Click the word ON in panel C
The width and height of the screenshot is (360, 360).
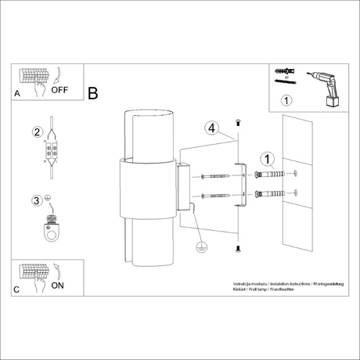57,286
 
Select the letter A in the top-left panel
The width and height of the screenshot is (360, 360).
18,93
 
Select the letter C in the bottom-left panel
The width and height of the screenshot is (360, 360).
18,290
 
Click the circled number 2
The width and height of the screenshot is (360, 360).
36,132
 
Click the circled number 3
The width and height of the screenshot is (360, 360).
36,201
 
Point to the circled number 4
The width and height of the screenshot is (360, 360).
210,128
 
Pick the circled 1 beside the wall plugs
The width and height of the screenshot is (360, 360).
268,160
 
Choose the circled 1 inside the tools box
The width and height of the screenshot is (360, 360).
286,99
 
